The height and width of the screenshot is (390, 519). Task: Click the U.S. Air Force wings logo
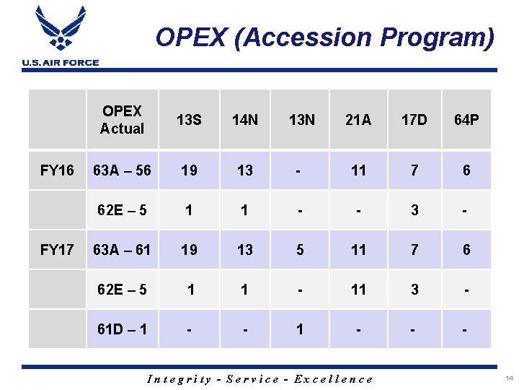(x=60, y=31)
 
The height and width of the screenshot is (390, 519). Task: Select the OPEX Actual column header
(x=122, y=120)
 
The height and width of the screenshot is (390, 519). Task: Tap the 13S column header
(x=189, y=120)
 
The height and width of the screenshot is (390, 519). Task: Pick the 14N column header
(x=245, y=120)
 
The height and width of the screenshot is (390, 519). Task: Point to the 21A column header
(x=358, y=120)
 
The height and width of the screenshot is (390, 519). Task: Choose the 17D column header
(x=414, y=120)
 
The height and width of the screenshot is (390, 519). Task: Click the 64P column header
(x=466, y=120)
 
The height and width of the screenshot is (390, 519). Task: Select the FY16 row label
(x=57, y=170)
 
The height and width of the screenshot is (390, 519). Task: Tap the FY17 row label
(x=57, y=250)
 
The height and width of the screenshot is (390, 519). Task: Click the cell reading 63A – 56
(x=122, y=170)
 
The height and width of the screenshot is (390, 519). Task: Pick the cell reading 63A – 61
(x=122, y=250)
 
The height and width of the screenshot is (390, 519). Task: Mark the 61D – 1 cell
(x=122, y=329)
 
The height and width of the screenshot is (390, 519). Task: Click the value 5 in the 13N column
(x=300, y=250)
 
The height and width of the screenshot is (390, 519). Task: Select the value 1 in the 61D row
(x=300, y=329)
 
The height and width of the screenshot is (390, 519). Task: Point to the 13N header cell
(x=301, y=120)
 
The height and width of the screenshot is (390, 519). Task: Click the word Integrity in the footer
(x=179, y=379)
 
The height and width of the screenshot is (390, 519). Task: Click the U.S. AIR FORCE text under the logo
(x=61, y=63)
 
